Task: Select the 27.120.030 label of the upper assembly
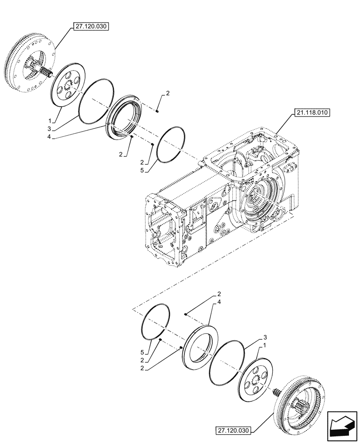click(89, 26)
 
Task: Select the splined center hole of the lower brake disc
click(257, 379)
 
